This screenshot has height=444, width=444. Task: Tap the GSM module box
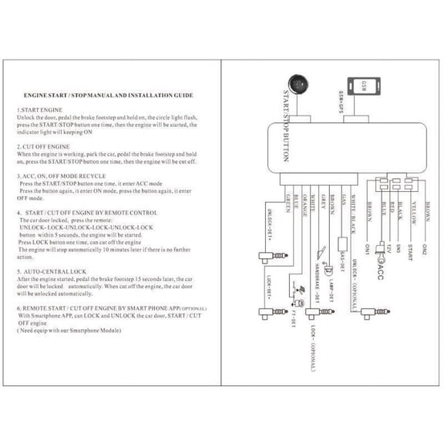361,83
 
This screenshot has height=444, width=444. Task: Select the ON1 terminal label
367,251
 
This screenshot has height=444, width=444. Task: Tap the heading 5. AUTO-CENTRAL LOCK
51,271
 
